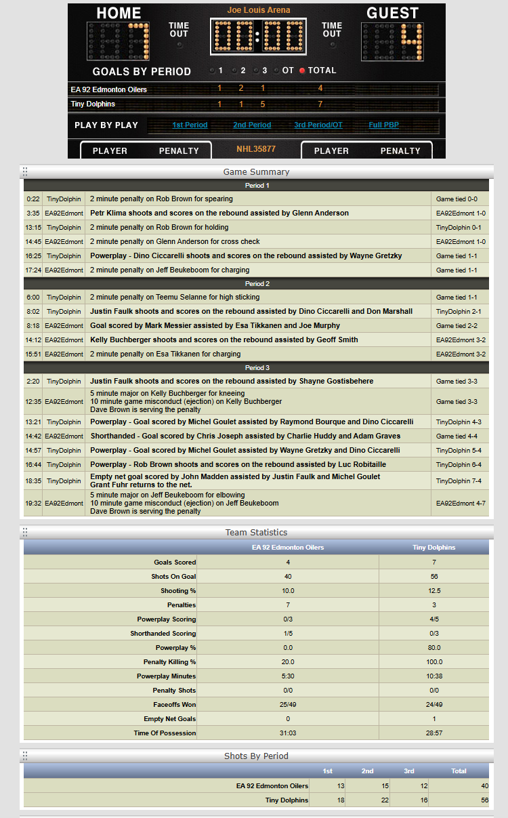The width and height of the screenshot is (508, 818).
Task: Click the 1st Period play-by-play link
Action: pos(190,125)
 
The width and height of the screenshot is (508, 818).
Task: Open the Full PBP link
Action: pos(384,125)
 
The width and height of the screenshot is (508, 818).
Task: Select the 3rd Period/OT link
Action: pos(318,125)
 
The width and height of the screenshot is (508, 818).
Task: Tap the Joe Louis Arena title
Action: pos(258,10)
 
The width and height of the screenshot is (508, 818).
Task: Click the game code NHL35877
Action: pos(256,148)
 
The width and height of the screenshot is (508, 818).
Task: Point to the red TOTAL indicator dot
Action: pos(302,70)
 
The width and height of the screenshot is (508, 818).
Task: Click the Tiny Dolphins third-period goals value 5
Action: pos(262,104)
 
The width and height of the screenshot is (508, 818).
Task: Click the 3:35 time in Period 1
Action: pos(33,213)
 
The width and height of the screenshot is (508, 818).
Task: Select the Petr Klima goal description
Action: pos(219,213)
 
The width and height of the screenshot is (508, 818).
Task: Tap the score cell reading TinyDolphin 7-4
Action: pos(460,480)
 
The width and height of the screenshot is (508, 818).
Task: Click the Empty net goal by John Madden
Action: pos(235,476)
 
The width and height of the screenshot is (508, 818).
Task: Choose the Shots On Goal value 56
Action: pos(433,576)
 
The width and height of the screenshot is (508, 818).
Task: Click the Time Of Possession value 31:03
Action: pos(288,733)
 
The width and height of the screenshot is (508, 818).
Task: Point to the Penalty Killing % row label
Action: pos(169,661)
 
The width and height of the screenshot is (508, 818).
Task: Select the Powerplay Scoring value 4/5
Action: pos(433,619)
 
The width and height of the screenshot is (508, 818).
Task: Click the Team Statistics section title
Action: pos(256,533)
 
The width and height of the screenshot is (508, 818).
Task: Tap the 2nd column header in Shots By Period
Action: pos(367,771)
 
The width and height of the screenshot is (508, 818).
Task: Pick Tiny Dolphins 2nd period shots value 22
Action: pos(367,800)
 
